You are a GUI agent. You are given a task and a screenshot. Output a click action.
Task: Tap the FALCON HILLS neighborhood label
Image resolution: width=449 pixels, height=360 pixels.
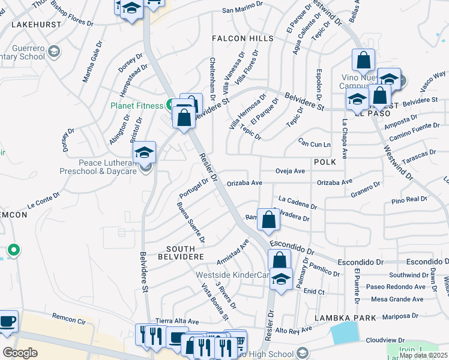(x=242, y=38)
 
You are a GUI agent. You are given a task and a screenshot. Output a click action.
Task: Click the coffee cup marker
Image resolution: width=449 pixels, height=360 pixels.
(x=7, y=322)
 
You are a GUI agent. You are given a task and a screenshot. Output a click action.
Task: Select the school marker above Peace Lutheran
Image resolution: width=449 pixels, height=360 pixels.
(x=145, y=153)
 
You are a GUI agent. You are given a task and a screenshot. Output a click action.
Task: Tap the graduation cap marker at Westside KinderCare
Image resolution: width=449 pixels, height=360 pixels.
(x=280, y=279)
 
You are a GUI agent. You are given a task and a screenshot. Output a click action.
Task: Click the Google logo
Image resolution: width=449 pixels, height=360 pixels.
(x=20, y=353)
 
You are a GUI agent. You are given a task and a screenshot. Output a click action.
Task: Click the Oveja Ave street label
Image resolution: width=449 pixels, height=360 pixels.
(x=291, y=170)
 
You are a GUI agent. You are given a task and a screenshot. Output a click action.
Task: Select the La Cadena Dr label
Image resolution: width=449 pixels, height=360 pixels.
(x=298, y=202)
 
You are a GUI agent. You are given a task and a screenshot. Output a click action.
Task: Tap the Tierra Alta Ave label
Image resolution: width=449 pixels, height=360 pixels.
(x=176, y=321)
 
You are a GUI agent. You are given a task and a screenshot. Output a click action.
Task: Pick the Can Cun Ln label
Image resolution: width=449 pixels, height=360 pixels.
(x=315, y=144)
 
